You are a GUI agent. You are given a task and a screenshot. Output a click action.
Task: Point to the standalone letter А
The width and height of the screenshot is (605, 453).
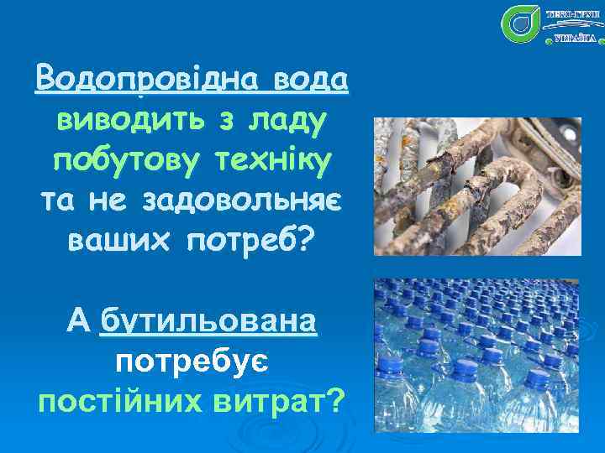(76, 320)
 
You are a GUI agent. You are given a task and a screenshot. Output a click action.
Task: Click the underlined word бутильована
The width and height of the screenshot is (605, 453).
(208, 321)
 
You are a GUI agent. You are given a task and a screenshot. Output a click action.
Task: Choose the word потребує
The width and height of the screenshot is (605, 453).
(192, 362)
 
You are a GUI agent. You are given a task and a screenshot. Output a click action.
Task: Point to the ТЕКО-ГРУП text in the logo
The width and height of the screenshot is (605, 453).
(571, 14)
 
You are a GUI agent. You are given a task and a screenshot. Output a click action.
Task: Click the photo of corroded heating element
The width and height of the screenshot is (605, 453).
(476, 186)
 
